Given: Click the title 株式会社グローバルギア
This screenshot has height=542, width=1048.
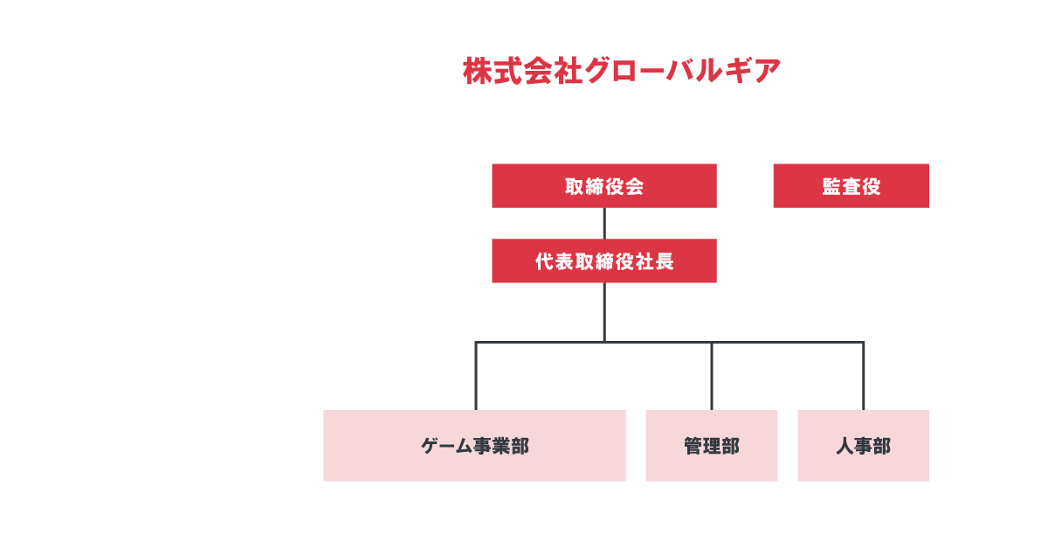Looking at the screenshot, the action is pyautogui.click(x=622, y=71).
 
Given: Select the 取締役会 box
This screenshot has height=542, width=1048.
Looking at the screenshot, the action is pyautogui.click(x=604, y=185).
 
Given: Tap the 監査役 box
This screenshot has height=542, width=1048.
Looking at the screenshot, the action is pyautogui.click(x=851, y=185).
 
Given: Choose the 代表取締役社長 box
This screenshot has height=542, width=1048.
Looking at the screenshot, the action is pyautogui.click(x=604, y=261).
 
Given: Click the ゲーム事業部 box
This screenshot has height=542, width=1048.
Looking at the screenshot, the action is pyautogui.click(x=474, y=446).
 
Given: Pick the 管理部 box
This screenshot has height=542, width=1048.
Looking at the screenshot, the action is pyautogui.click(x=712, y=446).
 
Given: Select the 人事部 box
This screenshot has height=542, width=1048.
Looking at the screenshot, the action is pyautogui.click(x=863, y=446).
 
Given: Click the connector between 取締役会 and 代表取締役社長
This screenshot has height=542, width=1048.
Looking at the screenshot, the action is pyautogui.click(x=604, y=223).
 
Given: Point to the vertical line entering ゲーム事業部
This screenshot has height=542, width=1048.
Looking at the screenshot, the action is pyautogui.click(x=476, y=376).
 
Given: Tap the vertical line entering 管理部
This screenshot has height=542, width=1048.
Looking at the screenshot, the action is pyautogui.click(x=712, y=376).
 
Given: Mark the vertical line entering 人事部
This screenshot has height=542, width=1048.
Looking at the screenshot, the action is pyautogui.click(x=863, y=376).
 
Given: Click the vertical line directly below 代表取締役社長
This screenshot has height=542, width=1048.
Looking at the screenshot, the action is pyautogui.click(x=604, y=312).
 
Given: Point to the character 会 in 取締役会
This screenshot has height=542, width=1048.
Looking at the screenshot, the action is pyautogui.click(x=634, y=186).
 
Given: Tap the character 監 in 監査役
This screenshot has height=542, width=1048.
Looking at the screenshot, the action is pyautogui.click(x=831, y=186).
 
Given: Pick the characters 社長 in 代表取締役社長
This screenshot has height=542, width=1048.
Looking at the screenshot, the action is pyautogui.click(x=654, y=261).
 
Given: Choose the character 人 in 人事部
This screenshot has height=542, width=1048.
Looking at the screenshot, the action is pyautogui.click(x=845, y=446).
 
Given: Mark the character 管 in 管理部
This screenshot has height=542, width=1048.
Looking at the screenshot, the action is pyautogui.click(x=693, y=446).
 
